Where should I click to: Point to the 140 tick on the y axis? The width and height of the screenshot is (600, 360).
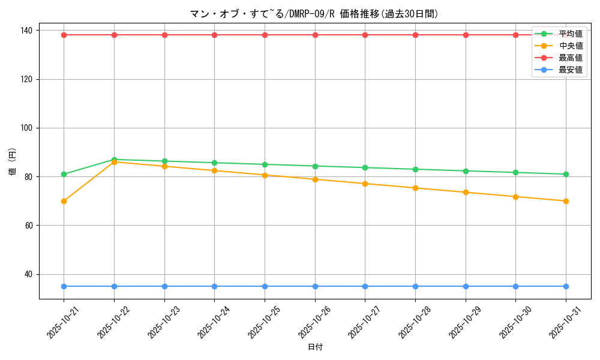coord(28,31)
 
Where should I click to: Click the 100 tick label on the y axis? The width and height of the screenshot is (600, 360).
coord(28,128)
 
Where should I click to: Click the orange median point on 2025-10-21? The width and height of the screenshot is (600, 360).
coord(64,201)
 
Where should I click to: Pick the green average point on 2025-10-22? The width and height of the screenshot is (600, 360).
coord(114,160)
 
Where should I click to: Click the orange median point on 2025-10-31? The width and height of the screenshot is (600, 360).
coord(566,201)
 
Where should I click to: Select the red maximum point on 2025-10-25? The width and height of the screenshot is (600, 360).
coord(265,35)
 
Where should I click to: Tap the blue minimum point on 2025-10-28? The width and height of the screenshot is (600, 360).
coord(415,286)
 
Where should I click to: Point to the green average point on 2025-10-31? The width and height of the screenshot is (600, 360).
coord(566,174)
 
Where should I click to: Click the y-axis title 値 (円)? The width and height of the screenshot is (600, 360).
coord(13,161)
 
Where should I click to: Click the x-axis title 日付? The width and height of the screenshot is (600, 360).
coord(315,347)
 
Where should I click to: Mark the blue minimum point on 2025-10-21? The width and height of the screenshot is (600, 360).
coord(64,286)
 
